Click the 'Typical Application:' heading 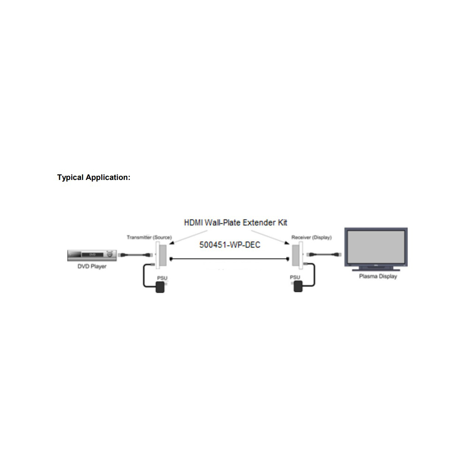93,177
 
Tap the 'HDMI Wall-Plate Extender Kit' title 235,223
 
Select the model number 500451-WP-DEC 230,245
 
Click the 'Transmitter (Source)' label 149,237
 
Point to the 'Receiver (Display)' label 311,237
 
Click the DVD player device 92,255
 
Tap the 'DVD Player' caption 92,266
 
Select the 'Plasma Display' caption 378,276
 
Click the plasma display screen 376,247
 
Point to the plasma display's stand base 376,270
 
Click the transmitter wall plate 161,255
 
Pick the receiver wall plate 297,255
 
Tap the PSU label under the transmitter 162,278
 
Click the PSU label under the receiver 295,277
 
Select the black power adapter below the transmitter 160,287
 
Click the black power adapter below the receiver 298,286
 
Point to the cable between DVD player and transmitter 135,255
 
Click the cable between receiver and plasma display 324,254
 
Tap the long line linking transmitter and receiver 229,259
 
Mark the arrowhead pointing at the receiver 287,243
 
